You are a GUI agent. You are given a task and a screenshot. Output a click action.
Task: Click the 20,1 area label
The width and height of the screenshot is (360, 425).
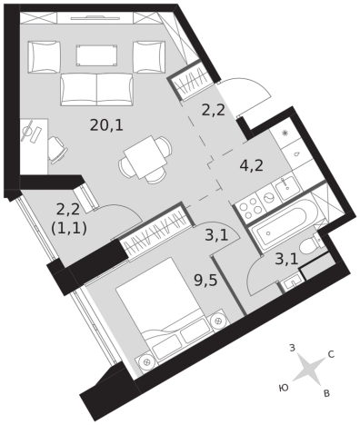[x=106, y=124]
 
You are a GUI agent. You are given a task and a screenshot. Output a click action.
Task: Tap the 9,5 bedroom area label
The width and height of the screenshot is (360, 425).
[x=205, y=281]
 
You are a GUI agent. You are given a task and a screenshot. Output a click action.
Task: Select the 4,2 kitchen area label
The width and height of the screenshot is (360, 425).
[x=251, y=165]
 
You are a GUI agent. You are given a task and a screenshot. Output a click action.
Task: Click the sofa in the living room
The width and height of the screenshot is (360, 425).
[x=96, y=90]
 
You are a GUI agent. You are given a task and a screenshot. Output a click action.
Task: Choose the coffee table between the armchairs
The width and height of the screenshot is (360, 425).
[x=96, y=55]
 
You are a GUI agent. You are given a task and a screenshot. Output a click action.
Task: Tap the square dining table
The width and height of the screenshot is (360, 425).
[x=145, y=157]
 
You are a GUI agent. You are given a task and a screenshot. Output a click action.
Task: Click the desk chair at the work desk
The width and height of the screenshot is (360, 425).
[x=57, y=150]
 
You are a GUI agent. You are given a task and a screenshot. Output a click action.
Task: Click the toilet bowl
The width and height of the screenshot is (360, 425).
[x=310, y=245]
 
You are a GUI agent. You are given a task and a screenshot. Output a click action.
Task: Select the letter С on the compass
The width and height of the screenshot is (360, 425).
[x=331, y=354]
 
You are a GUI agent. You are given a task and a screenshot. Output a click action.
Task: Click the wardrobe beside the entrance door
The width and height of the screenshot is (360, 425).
[x=189, y=80]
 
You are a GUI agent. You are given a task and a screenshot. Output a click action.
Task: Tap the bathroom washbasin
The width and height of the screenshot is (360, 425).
[x=291, y=283]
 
